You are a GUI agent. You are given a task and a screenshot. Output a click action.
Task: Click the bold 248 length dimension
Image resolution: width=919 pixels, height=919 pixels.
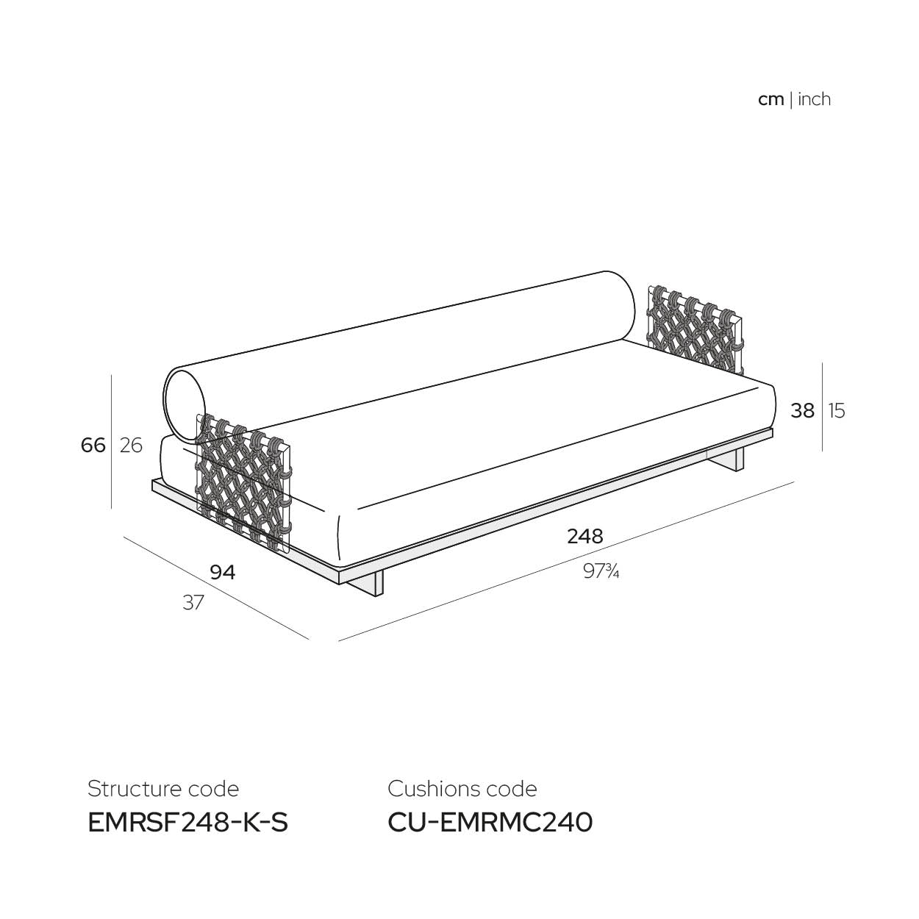(585, 537)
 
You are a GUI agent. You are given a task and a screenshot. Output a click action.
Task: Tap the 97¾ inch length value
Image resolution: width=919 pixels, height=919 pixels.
(601, 571)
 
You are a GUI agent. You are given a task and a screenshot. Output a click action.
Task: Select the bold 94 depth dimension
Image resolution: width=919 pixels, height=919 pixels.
(223, 572)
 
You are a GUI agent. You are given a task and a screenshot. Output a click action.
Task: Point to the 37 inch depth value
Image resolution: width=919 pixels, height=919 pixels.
(193, 603)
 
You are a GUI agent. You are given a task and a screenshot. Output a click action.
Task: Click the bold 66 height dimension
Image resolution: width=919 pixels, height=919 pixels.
(93, 446)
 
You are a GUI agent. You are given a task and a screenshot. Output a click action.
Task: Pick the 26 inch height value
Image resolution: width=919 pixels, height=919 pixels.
(131, 446)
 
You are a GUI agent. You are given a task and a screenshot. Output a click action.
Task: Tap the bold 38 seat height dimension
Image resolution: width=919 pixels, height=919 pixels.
(803, 411)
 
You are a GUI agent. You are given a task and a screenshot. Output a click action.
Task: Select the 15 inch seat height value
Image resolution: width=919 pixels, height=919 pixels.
(837, 411)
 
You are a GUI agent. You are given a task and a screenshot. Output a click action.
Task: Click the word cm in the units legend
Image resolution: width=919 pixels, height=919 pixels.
(771, 100)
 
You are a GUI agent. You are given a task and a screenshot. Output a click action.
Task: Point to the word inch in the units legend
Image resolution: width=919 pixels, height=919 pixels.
(814, 99)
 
